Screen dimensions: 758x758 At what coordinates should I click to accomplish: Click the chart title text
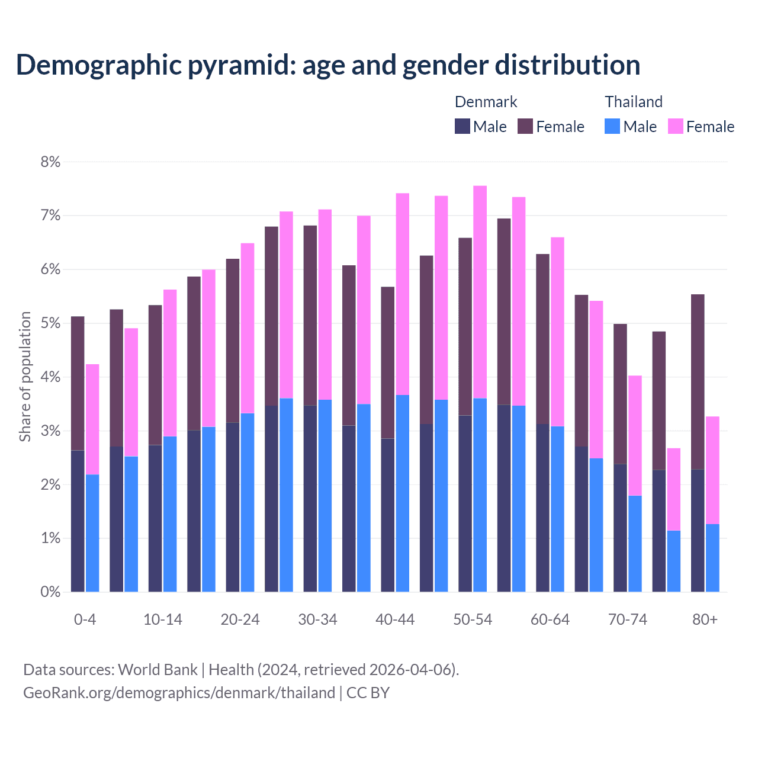(328, 65)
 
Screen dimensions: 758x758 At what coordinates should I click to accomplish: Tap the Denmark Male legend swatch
(462, 126)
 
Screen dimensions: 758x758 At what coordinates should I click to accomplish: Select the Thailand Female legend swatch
(676, 126)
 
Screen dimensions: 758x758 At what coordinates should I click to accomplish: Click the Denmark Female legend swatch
(525, 126)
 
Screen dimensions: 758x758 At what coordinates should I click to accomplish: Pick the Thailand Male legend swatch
(612, 126)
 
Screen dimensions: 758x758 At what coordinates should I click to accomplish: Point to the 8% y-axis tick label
(50, 162)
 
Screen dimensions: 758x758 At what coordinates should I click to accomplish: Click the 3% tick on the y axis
(50, 431)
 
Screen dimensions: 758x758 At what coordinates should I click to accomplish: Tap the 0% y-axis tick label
(50, 592)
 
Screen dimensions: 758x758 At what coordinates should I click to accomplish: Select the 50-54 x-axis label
(473, 619)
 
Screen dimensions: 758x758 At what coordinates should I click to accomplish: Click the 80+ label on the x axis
(705, 619)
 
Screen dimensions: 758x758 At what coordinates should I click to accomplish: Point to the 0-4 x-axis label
(85, 619)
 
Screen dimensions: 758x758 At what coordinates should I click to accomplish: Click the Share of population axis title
(25, 377)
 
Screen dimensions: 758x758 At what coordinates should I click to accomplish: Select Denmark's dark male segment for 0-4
(78, 521)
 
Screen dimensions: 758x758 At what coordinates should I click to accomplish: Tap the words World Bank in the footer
(158, 670)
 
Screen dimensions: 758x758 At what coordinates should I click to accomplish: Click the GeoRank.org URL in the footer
(179, 693)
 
